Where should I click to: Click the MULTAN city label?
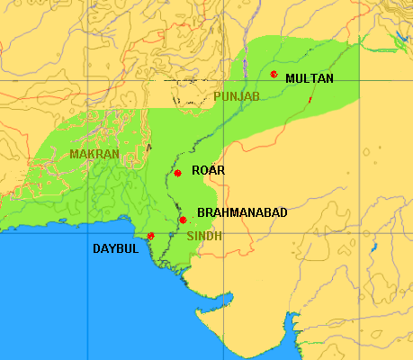(309, 79)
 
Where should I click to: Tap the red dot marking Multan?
(274, 74)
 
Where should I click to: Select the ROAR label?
(208, 170)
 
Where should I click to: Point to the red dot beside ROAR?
(178, 173)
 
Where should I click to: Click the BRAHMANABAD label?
(241, 212)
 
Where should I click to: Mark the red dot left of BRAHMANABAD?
(183, 220)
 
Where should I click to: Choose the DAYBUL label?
(115, 248)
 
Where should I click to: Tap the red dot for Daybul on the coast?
(150, 236)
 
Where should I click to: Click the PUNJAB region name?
(237, 96)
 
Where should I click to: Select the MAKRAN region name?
(94, 154)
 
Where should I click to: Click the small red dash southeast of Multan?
(310, 99)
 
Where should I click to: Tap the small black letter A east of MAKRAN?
(149, 147)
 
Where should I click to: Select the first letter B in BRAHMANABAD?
(200, 212)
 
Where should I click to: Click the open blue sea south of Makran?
(72, 288)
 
